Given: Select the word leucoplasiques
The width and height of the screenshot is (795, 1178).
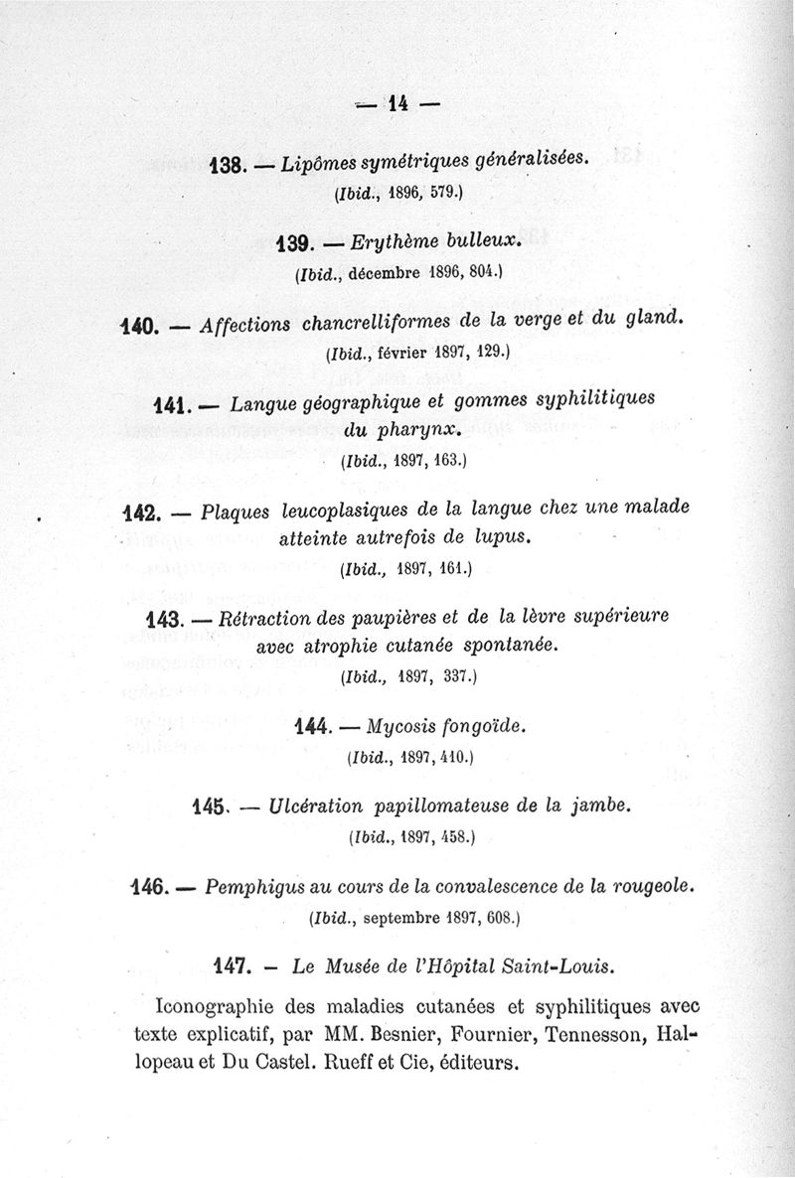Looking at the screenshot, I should (337, 512).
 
